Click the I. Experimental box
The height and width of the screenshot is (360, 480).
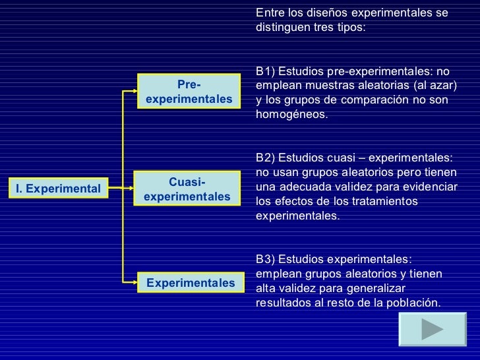(58, 189)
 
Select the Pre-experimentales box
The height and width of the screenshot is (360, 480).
(189, 92)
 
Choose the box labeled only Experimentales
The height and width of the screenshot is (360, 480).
(190, 283)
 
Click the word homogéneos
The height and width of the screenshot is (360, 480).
(291, 115)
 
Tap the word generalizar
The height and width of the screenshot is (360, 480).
(375, 289)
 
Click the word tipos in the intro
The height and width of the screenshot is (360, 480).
(347, 28)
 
